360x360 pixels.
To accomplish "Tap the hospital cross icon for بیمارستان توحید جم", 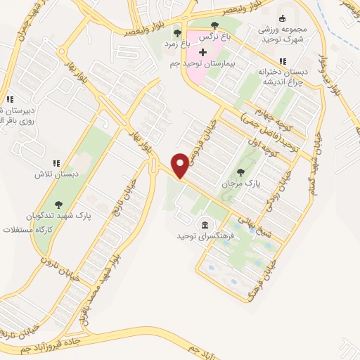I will click(x=203, y=53).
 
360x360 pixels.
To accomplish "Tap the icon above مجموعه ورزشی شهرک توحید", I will click(x=283, y=19).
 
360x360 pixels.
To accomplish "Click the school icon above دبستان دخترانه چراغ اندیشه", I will click(x=283, y=61).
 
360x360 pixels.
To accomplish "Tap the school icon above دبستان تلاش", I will click(x=57, y=162).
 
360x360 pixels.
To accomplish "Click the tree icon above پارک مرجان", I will click(x=241, y=171).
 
